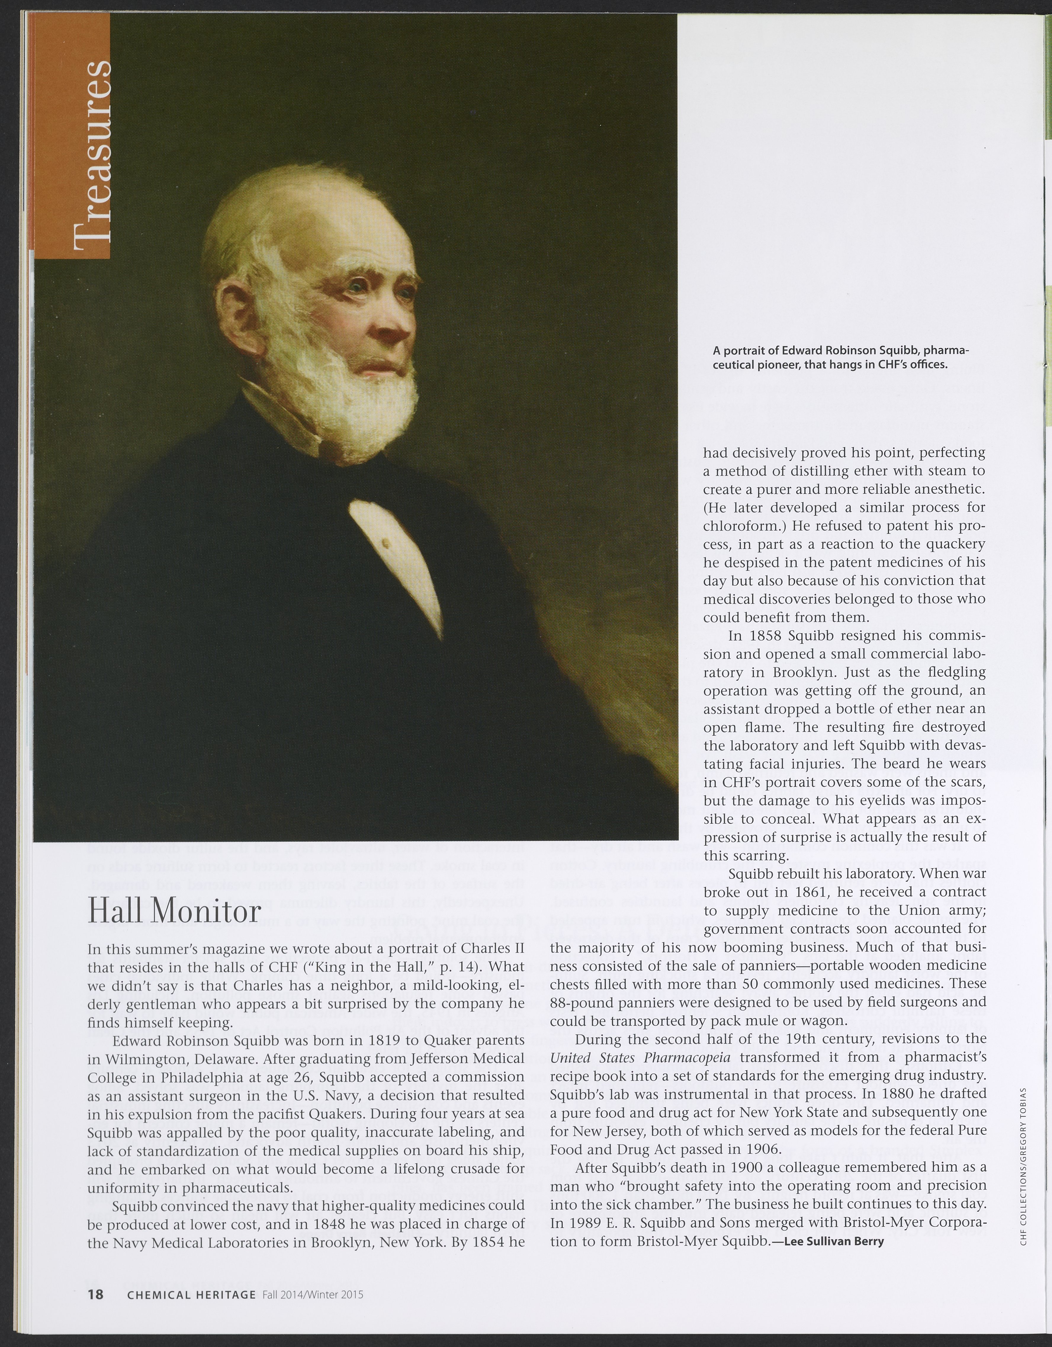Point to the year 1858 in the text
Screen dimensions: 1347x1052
[761, 635]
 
